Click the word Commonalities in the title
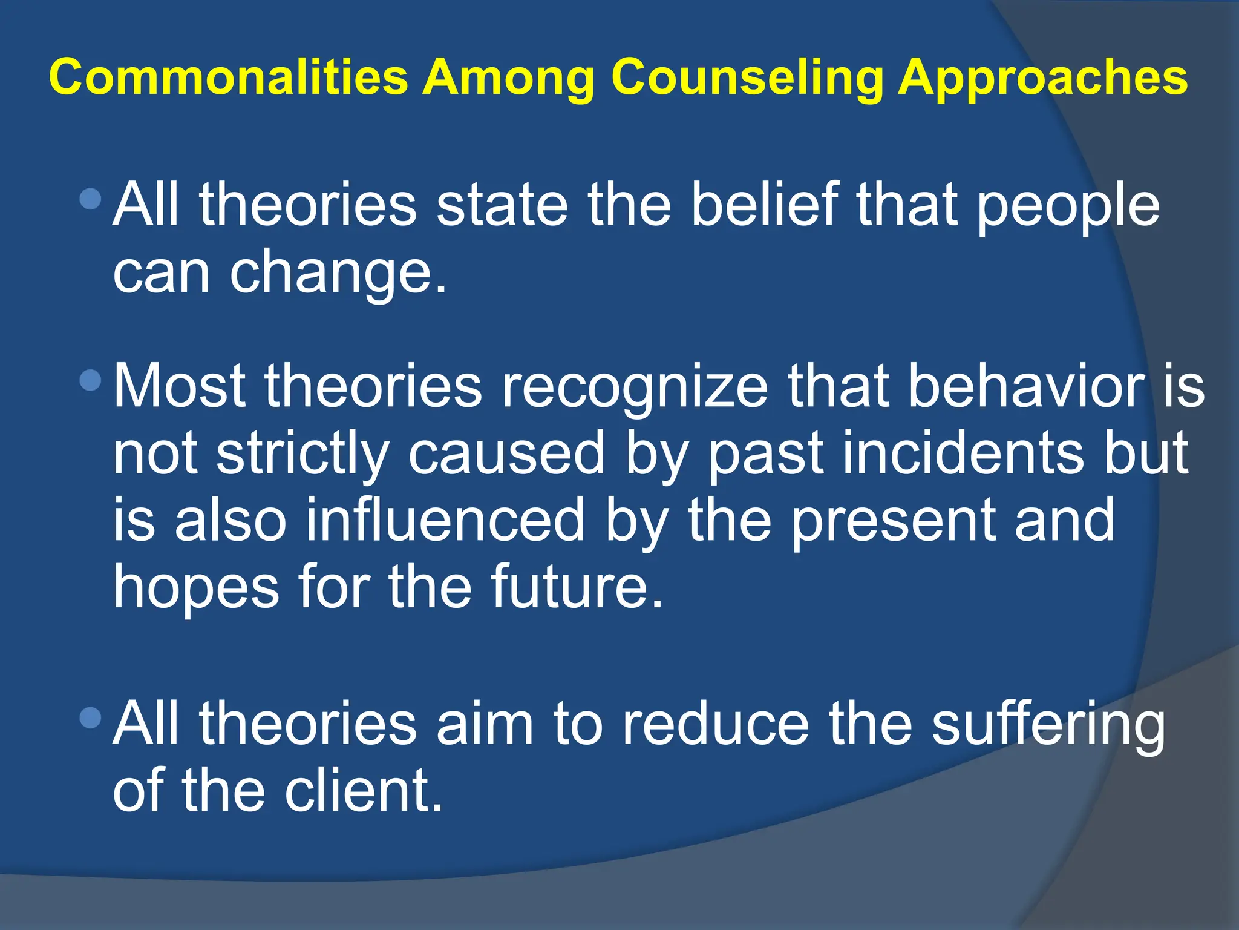229,77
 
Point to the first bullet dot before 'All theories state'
91,198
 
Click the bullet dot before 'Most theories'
91,380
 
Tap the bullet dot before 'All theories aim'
91,718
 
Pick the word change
338,274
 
